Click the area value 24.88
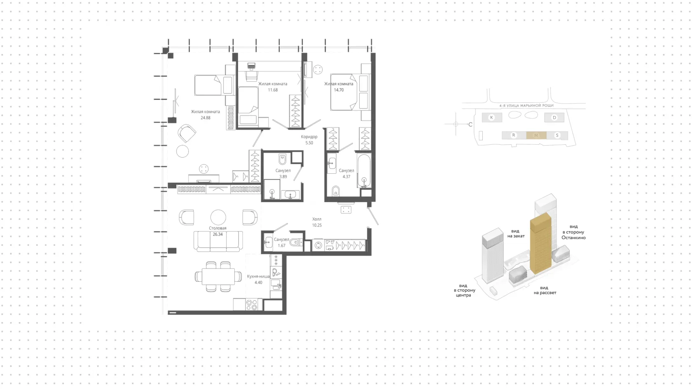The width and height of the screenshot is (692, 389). pos(206,118)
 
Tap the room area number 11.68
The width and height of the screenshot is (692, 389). pos(273,90)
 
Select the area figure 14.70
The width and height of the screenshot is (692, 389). pos(339,90)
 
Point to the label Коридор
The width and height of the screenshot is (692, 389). pos(309,137)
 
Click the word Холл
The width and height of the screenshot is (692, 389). pos(317,219)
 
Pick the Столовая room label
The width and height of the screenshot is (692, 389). pos(218,228)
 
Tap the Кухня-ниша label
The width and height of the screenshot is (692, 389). pos(258,276)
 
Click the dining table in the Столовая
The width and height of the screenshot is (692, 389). pos(218,277)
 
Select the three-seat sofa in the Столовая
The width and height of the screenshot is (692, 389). pos(218,241)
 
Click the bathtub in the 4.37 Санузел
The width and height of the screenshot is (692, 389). pos(364,171)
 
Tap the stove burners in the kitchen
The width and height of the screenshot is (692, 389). pos(252,305)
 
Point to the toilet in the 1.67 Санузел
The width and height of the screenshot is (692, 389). pos(296,242)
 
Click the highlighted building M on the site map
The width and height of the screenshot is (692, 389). pos(536,135)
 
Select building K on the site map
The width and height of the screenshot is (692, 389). pos(492,118)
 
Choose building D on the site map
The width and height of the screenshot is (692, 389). pos(554,118)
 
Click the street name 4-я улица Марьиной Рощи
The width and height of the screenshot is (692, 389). pos(526,106)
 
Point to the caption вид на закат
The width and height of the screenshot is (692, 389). pos(516,233)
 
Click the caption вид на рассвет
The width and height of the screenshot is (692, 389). pos(545,290)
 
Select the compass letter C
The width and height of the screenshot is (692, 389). pos(470,125)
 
